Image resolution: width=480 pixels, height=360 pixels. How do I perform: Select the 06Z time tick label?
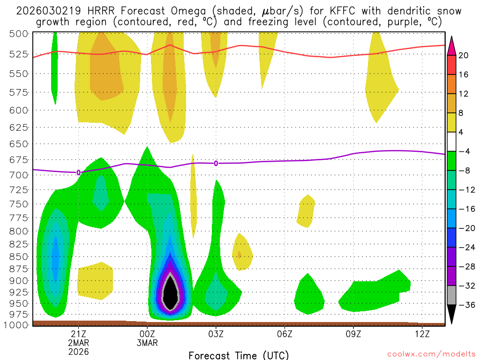285,334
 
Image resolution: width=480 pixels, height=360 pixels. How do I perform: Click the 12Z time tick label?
422,334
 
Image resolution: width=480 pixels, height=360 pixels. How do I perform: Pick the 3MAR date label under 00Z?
147,343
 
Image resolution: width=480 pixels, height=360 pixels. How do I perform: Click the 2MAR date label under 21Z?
78,343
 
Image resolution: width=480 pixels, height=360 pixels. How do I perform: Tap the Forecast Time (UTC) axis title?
239,355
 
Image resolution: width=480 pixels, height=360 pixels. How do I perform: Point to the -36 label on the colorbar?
465,305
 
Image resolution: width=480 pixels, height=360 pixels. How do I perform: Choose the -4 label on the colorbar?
464,151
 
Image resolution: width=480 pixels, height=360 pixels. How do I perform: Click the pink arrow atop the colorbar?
452,45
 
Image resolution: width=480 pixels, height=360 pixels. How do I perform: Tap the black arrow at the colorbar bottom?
452,315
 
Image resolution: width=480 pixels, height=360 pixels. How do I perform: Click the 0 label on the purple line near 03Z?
216,163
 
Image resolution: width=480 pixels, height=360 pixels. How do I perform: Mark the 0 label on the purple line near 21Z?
78,172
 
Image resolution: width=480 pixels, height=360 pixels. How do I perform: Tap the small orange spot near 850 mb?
240,255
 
